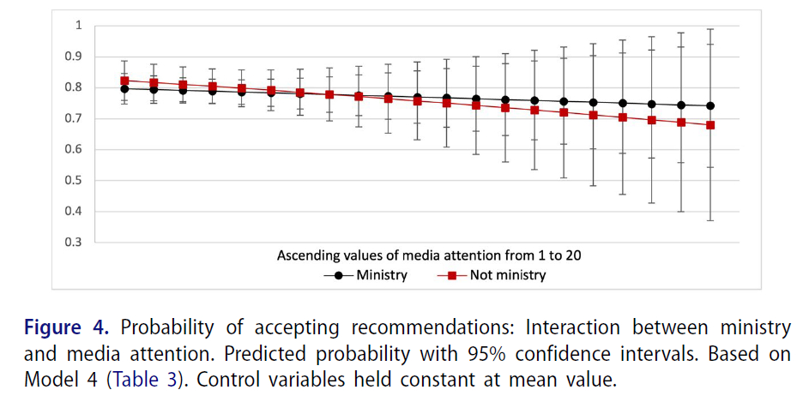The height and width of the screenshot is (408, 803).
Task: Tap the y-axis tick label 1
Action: pos(78,26)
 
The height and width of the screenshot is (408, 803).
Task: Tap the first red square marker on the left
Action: pos(124,81)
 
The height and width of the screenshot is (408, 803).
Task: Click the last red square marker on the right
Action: pos(710,125)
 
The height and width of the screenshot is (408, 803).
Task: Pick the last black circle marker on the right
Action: pos(710,106)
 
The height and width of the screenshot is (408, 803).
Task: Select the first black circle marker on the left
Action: pos(124,88)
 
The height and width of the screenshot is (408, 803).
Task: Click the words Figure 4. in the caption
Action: pos(65,328)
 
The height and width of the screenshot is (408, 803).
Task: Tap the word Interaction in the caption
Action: pos(568,328)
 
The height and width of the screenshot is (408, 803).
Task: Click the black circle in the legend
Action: pos(339,275)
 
